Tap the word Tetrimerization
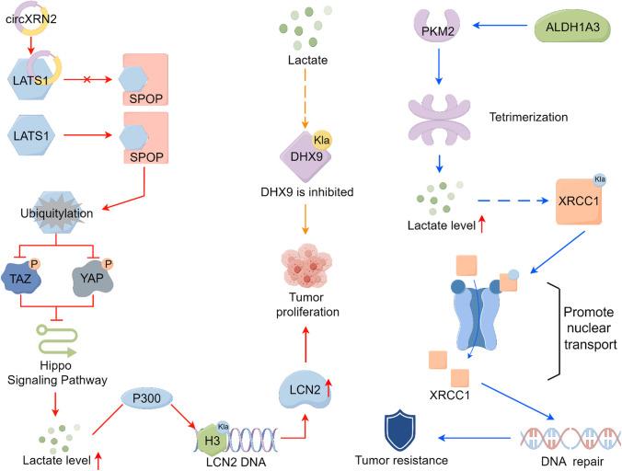529,118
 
